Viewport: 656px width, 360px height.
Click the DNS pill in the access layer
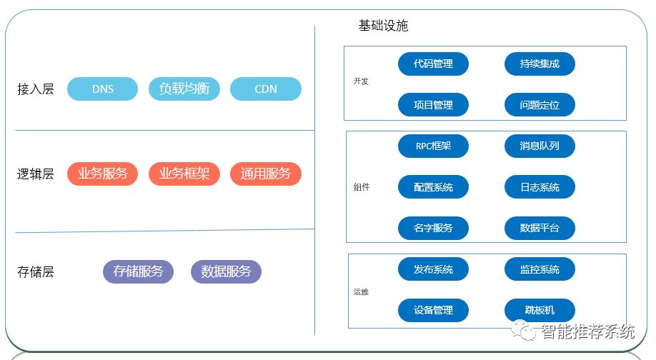tap(102, 89)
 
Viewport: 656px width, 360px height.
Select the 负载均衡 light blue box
tap(184, 89)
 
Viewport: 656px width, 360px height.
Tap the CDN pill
tap(266, 89)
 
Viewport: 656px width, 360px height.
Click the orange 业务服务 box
tap(102, 174)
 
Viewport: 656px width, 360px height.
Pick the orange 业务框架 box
tap(184, 174)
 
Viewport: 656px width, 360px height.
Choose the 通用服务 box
tap(266, 174)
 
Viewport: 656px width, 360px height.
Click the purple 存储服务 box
tap(139, 271)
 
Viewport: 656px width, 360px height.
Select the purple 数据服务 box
tap(226, 271)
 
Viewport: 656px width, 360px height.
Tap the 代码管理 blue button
tap(433, 64)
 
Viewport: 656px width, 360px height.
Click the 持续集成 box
tap(540, 64)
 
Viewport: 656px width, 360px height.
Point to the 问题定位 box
tap(540, 105)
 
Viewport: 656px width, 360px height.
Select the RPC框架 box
tap(433, 146)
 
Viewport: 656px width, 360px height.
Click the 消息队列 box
tap(540, 146)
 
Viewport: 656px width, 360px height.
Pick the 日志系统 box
tap(540, 187)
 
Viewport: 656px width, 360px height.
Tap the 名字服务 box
tap(433, 229)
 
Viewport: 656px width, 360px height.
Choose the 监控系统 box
tap(540, 269)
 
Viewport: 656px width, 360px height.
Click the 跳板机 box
tap(540, 310)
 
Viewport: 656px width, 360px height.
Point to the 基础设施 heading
tap(383, 26)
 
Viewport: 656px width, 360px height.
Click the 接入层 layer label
tap(36, 89)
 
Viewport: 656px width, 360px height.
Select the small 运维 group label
tap(361, 291)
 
